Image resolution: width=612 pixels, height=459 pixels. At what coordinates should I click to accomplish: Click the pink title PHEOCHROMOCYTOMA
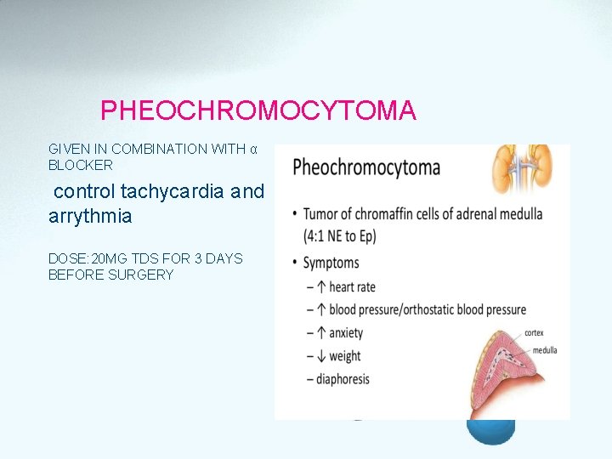tap(258, 110)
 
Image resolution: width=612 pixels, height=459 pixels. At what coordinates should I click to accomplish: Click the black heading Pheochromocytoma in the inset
tap(365, 167)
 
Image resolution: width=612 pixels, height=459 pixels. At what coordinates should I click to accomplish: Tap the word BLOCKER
tap(80, 165)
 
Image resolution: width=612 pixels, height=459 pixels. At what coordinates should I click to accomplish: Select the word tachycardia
tap(173, 191)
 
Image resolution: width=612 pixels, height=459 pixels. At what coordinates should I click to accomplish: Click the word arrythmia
tap(90, 216)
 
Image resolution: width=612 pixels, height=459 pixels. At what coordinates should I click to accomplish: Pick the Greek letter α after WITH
tap(252, 149)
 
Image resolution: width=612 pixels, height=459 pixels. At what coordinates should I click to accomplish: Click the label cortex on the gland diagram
tap(534, 333)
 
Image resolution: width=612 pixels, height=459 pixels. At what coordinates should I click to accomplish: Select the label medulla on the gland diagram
tap(544, 350)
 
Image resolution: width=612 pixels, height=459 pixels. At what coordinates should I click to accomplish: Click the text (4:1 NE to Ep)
tap(340, 236)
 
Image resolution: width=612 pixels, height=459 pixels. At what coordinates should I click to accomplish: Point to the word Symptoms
tap(331, 263)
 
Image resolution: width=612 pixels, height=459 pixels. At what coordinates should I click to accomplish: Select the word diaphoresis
tap(343, 379)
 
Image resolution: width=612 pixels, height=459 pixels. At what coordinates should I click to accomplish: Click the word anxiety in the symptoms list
tap(346, 333)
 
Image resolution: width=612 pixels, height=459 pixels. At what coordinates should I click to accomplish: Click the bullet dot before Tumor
tap(294, 214)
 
